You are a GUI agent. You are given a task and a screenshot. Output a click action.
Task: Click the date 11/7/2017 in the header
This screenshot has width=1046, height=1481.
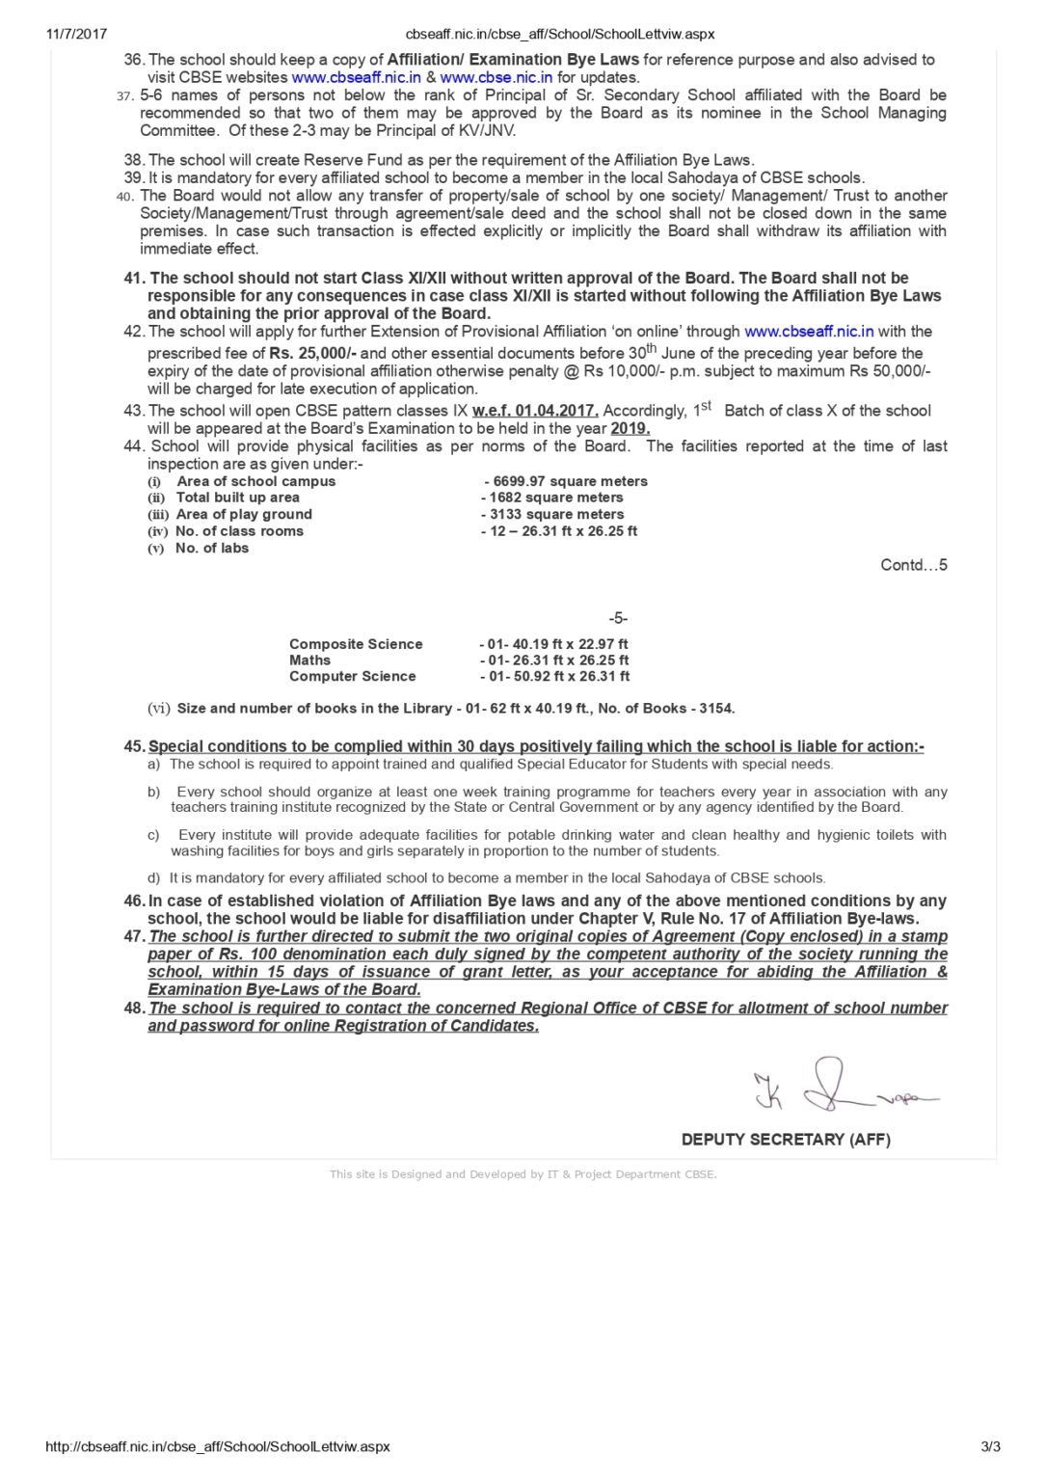pyautogui.click(x=77, y=34)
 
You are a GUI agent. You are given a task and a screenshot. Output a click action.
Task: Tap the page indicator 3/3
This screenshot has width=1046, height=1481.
pyautogui.click(x=990, y=1446)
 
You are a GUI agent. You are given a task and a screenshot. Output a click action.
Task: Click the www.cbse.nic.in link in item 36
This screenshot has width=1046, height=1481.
pyautogui.click(x=496, y=77)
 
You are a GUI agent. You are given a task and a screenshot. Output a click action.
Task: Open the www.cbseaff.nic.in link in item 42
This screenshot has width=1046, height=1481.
pyautogui.click(x=809, y=331)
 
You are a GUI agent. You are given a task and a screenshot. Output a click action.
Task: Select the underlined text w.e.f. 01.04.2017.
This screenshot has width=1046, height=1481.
pyautogui.click(x=535, y=411)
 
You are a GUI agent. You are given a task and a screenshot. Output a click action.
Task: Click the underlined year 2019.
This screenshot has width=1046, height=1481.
pyautogui.click(x=630, y=428)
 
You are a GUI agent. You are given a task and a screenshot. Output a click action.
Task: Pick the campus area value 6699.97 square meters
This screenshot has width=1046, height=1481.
pyautogui.click(x=570, y=481)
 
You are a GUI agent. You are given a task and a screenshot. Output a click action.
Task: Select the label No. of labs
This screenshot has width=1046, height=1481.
pyautogui.click(x=212, y=548)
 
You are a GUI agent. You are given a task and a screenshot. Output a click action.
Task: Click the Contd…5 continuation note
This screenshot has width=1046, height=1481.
pyautogui.click(x=914, y=565)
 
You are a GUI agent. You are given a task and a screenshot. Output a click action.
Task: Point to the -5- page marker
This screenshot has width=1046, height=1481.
pyautogui.click(x=618, y=618)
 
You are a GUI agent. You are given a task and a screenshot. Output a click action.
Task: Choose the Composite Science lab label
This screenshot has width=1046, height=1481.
pyautogui.click(x=356, y=644)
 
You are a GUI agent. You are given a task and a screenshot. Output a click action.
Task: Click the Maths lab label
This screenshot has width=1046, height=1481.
pyautogui.click(x=309, y=660)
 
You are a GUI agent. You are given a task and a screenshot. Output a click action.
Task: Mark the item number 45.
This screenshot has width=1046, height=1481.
pyautogui.click(x=134, y=746)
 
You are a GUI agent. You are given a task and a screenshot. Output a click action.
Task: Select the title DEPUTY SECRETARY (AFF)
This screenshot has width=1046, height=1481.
pyautogui.click(x=786, y=1140)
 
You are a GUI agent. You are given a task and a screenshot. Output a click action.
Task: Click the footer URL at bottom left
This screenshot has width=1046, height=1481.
pyautogui.click(x=218, y=1446)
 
